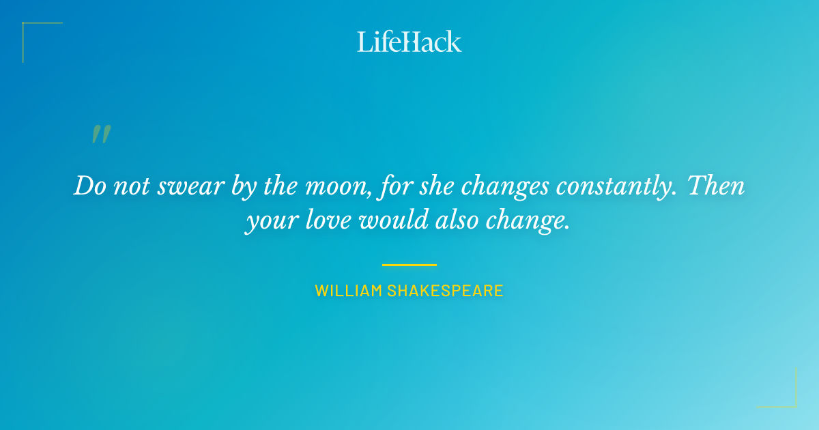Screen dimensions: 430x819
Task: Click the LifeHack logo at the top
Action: click(409, 42)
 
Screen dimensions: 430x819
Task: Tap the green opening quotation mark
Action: click(101, 134)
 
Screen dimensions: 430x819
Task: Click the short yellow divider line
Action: click(409, 265)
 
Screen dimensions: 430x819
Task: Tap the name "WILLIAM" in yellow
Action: click(348, 291)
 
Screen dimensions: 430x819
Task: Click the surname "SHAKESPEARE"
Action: click(445, 291)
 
